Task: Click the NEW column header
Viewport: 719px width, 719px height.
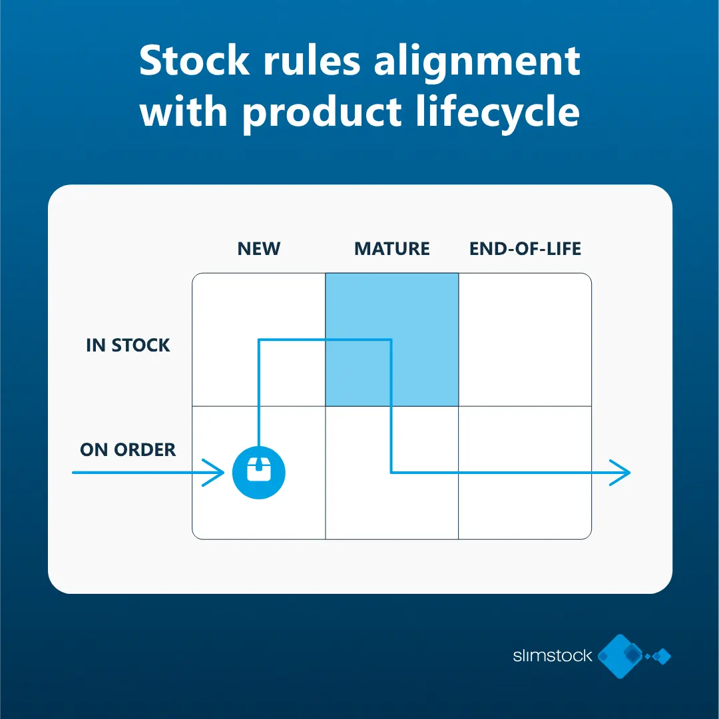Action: [x=258, y=248]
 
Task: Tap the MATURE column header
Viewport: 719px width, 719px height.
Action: [x=392, y=248]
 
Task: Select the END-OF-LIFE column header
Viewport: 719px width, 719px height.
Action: [x=525, y=248]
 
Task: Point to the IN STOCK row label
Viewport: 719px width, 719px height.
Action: [x=128, y=346]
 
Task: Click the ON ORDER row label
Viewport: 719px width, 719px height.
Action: [x=128, y=450]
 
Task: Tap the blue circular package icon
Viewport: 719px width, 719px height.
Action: [x=258, y=472]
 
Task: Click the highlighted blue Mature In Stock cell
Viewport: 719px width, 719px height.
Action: [x=392, y=340]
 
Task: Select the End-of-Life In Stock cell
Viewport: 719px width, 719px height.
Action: [x=525, y=340]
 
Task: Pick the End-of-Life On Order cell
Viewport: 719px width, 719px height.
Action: [x=525, y=473]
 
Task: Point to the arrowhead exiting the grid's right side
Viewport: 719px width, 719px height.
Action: [x=620, y=472]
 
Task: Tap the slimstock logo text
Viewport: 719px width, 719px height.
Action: [x=553, y=656]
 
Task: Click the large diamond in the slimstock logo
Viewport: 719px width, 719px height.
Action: [x=620, y=656]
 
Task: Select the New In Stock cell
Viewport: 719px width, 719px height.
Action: [x=258, y=340]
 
